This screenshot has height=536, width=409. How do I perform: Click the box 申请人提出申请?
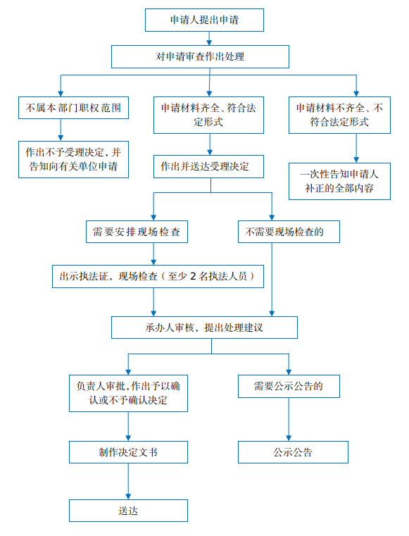coord(204,20)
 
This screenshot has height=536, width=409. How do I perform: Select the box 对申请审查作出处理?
coord(200,57)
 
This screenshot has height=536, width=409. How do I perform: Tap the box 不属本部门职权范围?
coord(73,108)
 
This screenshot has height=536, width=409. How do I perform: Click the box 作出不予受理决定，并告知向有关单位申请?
coord(73,160)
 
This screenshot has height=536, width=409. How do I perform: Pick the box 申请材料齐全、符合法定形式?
coord(209,116)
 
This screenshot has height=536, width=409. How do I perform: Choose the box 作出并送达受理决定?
coord(209,167)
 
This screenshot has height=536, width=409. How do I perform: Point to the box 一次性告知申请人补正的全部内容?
coord(339,181)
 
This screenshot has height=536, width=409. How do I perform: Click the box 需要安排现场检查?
coord(137,232)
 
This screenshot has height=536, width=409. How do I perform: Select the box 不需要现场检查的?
coord(289,232)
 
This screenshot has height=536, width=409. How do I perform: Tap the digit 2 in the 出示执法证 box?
coord(193,276)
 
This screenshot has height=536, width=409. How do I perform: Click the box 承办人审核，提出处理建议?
coord(204,328)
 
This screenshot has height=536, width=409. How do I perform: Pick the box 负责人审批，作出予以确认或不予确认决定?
coord(129,394)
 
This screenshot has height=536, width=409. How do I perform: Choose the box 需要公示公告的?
coord(289,386)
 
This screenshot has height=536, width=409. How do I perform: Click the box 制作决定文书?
coord(129,452)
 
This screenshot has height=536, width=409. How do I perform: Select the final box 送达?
coord(129,511)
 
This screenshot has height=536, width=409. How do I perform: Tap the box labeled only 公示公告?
coord(293,452)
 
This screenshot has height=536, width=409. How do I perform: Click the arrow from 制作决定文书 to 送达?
coord(129,481)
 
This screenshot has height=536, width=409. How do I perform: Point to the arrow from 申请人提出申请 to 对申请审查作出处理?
coord(209,38)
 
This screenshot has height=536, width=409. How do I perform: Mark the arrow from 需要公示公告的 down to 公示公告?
coord(289,420)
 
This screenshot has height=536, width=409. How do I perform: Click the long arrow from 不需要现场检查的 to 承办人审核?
coord(272,280)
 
